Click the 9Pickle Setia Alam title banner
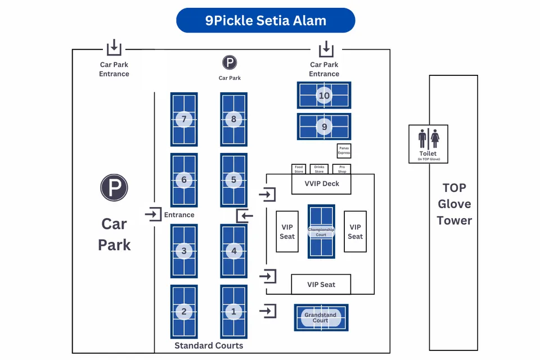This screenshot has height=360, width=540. click(x=265, y=21)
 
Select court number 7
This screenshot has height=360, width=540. click(x=184, y=119)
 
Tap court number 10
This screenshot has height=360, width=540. click(x=324, y=95)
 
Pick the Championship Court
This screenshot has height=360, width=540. click(x=321, y=231)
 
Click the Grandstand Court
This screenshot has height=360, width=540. click(x=321, y=318)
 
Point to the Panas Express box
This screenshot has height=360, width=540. click(x=344, y=150)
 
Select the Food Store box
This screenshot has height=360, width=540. click(x=299, y=169)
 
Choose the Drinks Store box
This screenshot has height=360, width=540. click(x=319, y=169)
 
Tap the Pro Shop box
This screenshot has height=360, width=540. click(x=341, y=169)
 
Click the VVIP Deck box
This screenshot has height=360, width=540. click(x=321, y=184)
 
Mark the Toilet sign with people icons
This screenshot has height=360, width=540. click(x=428, y=144)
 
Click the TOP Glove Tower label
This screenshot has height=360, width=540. click(x=454, y=204)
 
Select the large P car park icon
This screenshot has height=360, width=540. click(x=114, y=188)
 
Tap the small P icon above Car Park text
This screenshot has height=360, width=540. click(x=229, y=62)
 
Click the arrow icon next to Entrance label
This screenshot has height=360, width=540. click(x=153, y=214)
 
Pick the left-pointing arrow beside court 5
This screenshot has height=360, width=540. click(x=245, y=215)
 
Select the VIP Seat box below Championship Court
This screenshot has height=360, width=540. click(x=321, y=284)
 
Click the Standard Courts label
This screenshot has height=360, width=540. click(x=209, y=345)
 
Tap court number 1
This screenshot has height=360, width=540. click(x=234, y=311)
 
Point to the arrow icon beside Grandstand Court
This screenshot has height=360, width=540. click(x=268, y=310)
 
